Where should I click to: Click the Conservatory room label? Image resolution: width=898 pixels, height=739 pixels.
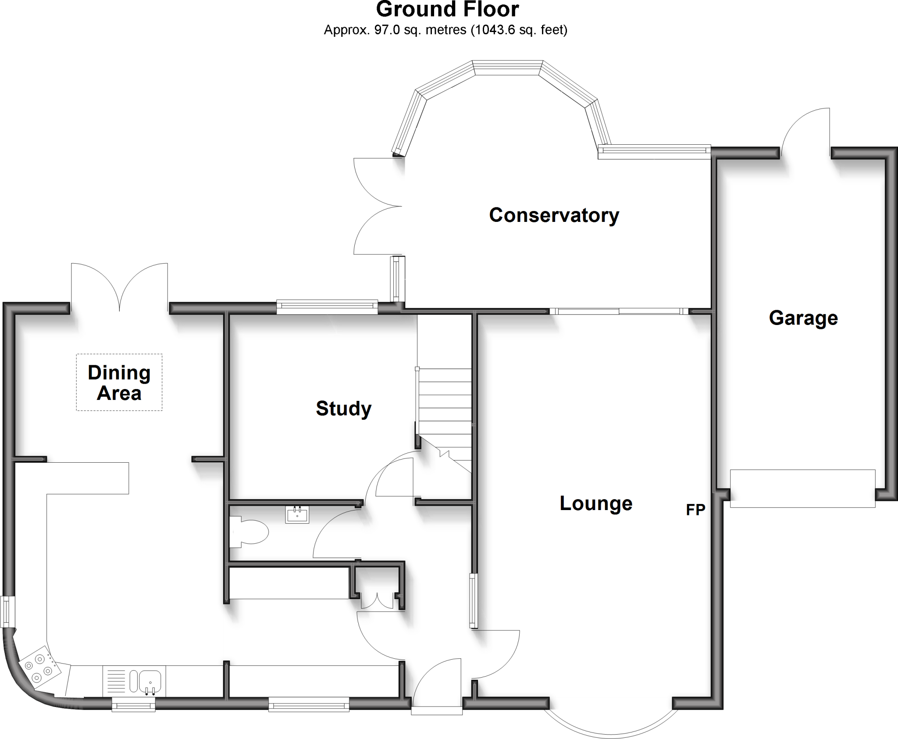(554, 215)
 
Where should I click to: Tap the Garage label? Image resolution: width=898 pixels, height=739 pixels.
(803, 318)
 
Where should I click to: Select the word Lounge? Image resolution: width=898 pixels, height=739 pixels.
(596, 503)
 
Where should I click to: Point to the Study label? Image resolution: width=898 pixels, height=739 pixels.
(343, 409)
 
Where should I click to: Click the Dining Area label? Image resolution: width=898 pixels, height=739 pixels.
(119, 383)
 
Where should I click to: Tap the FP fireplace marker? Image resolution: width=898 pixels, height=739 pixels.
(695, 510)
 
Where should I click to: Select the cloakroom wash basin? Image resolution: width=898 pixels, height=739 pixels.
(297, 514)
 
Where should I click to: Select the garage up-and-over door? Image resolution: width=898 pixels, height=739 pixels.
(802, 488)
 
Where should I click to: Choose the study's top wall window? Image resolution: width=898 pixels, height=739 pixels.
(327, 307)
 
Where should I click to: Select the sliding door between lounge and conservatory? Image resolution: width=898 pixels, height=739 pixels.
(619, 311)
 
